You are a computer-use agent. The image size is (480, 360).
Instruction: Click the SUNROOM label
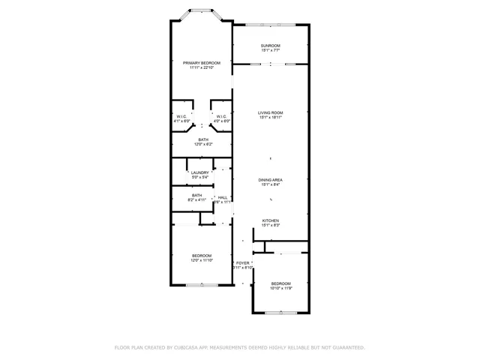(270, 46)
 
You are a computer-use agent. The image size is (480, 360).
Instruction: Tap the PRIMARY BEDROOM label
(201, 63)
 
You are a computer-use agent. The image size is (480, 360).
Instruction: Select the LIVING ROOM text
(270, 112)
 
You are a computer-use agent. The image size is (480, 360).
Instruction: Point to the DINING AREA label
(270, 180)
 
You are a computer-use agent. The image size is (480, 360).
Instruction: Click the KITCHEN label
(270, 220)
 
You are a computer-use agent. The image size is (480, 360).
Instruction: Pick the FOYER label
(243, 262)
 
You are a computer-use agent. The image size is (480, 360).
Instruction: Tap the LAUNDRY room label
(199, 172)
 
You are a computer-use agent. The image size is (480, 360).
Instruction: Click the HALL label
(223, 198)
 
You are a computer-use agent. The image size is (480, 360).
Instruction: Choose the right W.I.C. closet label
(221, 116)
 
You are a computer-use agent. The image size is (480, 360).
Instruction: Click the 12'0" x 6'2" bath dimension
(203, 144)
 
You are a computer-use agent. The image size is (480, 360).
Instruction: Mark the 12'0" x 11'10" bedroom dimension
(201, 260)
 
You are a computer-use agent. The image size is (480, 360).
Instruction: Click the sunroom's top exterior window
(270, 25)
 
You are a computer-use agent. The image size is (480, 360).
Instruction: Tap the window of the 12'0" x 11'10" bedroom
(201, 285)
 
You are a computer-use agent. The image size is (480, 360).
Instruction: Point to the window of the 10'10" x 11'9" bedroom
(280, 312)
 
